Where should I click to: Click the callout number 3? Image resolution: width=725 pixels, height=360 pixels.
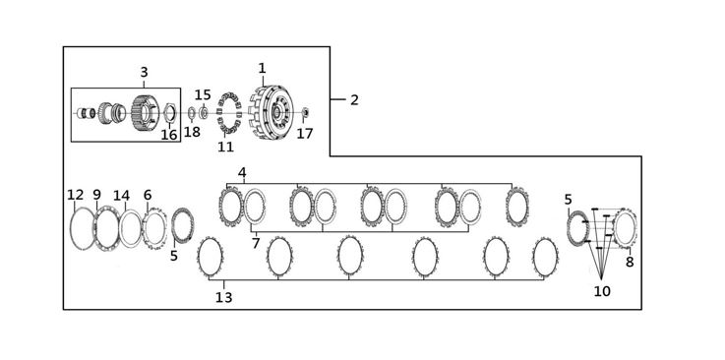click(144, 73)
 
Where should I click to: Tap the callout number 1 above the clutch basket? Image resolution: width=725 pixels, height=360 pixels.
click(263, 69)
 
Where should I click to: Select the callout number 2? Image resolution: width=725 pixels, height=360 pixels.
click(354, 99)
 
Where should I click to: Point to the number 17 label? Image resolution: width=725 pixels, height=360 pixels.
click(305, 134)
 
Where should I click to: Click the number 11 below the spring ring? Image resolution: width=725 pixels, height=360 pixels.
click(225, 147)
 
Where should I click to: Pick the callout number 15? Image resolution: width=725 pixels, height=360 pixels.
click(203, 95)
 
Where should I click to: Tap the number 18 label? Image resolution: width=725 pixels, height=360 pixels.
click(193, 132)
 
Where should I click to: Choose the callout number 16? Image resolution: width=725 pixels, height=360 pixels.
click(169, 135)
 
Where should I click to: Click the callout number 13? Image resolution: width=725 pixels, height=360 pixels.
click(223, 298)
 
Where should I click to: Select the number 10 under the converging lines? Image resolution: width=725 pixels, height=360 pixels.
click(602, 291)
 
